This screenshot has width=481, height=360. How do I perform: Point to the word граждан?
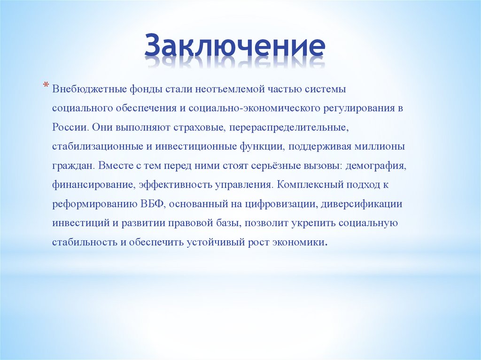[x=70, y=166]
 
